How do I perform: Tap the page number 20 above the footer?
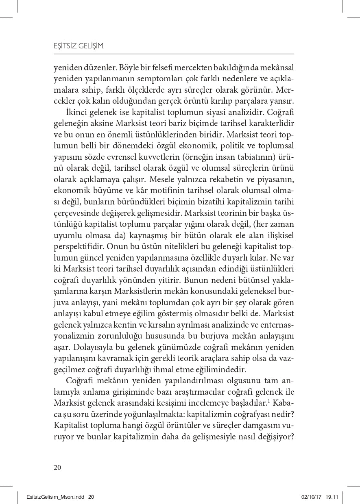[57, 467]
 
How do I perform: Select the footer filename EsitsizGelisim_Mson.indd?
[56, 497]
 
